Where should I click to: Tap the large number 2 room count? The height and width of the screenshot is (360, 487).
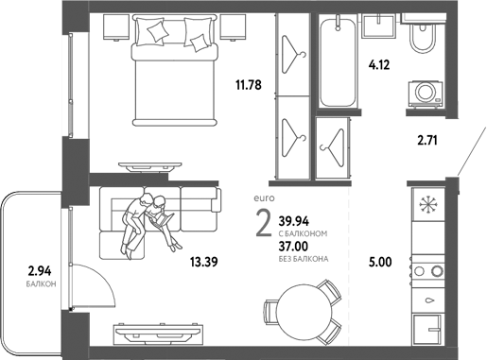[x=262, y=227]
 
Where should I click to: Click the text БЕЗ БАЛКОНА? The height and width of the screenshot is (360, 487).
[x=304, y=258]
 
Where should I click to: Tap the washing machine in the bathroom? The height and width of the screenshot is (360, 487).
[x=423, y=93]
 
